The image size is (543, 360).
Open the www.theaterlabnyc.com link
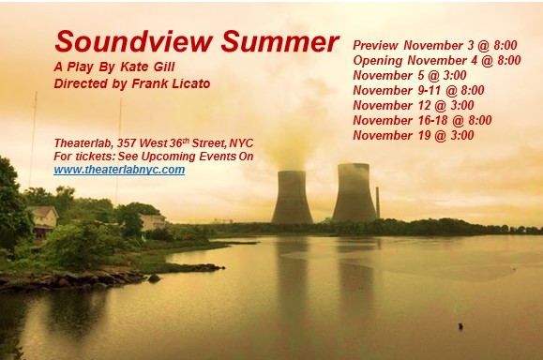coord(119,170)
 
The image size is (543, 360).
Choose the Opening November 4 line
coord(436,60)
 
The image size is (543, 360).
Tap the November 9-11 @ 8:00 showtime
coord(418,90)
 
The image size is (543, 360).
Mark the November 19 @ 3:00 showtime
coord(414,135)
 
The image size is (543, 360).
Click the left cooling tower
coord(292,197)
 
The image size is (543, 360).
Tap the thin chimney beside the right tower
coord(377,202)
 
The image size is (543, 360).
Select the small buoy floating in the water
coord(460,326)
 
